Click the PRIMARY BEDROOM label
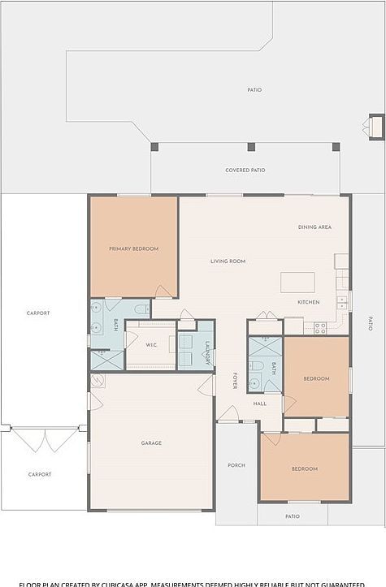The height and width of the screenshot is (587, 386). [x=134, y=248]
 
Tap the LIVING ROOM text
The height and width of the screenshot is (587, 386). [x=228, y=261]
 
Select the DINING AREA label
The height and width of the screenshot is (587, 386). [x=314, y=227]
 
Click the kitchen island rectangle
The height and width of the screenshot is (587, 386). [x=297, y=282]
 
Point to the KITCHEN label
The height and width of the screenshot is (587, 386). [x=308, y=302]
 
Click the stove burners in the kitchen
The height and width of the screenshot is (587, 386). [x=320, y=327]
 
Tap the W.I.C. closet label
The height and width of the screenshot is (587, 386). [x=152, y=345]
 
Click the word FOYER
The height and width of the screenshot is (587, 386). [x=235, y=381]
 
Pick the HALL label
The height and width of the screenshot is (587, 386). [x=260, y=404]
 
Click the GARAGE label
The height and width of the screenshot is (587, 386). [x=151, y=442]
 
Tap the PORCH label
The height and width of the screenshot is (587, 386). [x=236, y=465]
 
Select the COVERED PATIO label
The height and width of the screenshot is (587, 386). [x=245, y=170]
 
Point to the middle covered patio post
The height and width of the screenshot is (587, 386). [x=251, y=147]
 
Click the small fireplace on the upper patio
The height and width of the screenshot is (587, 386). [x=376, y=127]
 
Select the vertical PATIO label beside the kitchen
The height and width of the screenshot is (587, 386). [x=371, y=322]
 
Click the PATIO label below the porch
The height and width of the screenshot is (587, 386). [x=293, y=516]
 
